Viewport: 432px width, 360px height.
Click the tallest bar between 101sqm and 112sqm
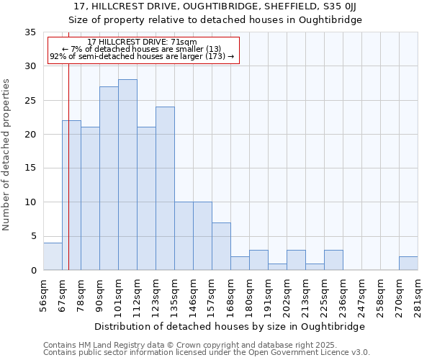[127, 175]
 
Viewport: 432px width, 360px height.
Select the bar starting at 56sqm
[53, 256]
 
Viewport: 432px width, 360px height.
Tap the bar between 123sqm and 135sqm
[165, 189]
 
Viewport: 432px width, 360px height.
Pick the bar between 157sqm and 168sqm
[221, 246]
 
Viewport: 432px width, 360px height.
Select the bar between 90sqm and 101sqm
[109, 179]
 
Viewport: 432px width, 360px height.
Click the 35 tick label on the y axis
[30, 32]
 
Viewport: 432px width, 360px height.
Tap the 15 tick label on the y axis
[30, 168]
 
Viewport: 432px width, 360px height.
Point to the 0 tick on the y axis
[33, 271]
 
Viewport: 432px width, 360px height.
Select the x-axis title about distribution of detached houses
[230, 326]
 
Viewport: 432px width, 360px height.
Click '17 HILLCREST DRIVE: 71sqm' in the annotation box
[141, 42]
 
